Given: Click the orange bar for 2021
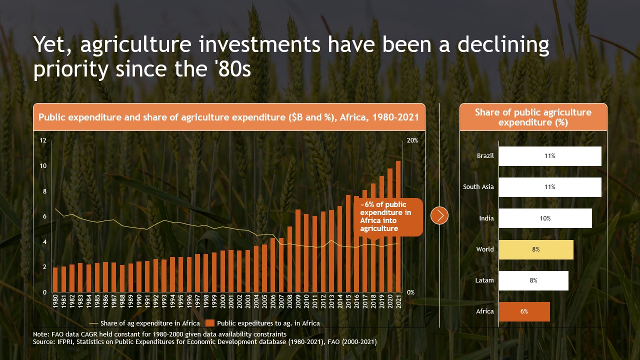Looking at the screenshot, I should click(398, 226).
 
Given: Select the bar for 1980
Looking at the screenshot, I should click(55, 280).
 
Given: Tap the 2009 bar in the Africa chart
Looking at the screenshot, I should click(298, 250).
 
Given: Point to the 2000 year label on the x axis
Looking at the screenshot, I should click(222, 303).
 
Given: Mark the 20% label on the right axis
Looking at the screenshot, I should click(412, 140).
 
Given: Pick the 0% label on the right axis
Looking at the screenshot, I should click(410, 292).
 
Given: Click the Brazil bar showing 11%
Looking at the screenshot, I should click(550, 156).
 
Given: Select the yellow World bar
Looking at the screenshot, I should click(536, 249).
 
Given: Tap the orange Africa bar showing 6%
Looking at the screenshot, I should click(524, 311).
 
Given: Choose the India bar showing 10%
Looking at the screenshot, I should click(545, 218).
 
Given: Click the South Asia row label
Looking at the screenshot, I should click(478, 187).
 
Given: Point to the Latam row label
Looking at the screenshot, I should click(484, 280).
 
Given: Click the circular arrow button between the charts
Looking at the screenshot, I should click(439, 215).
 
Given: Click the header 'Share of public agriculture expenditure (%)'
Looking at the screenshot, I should click(533, 117).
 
